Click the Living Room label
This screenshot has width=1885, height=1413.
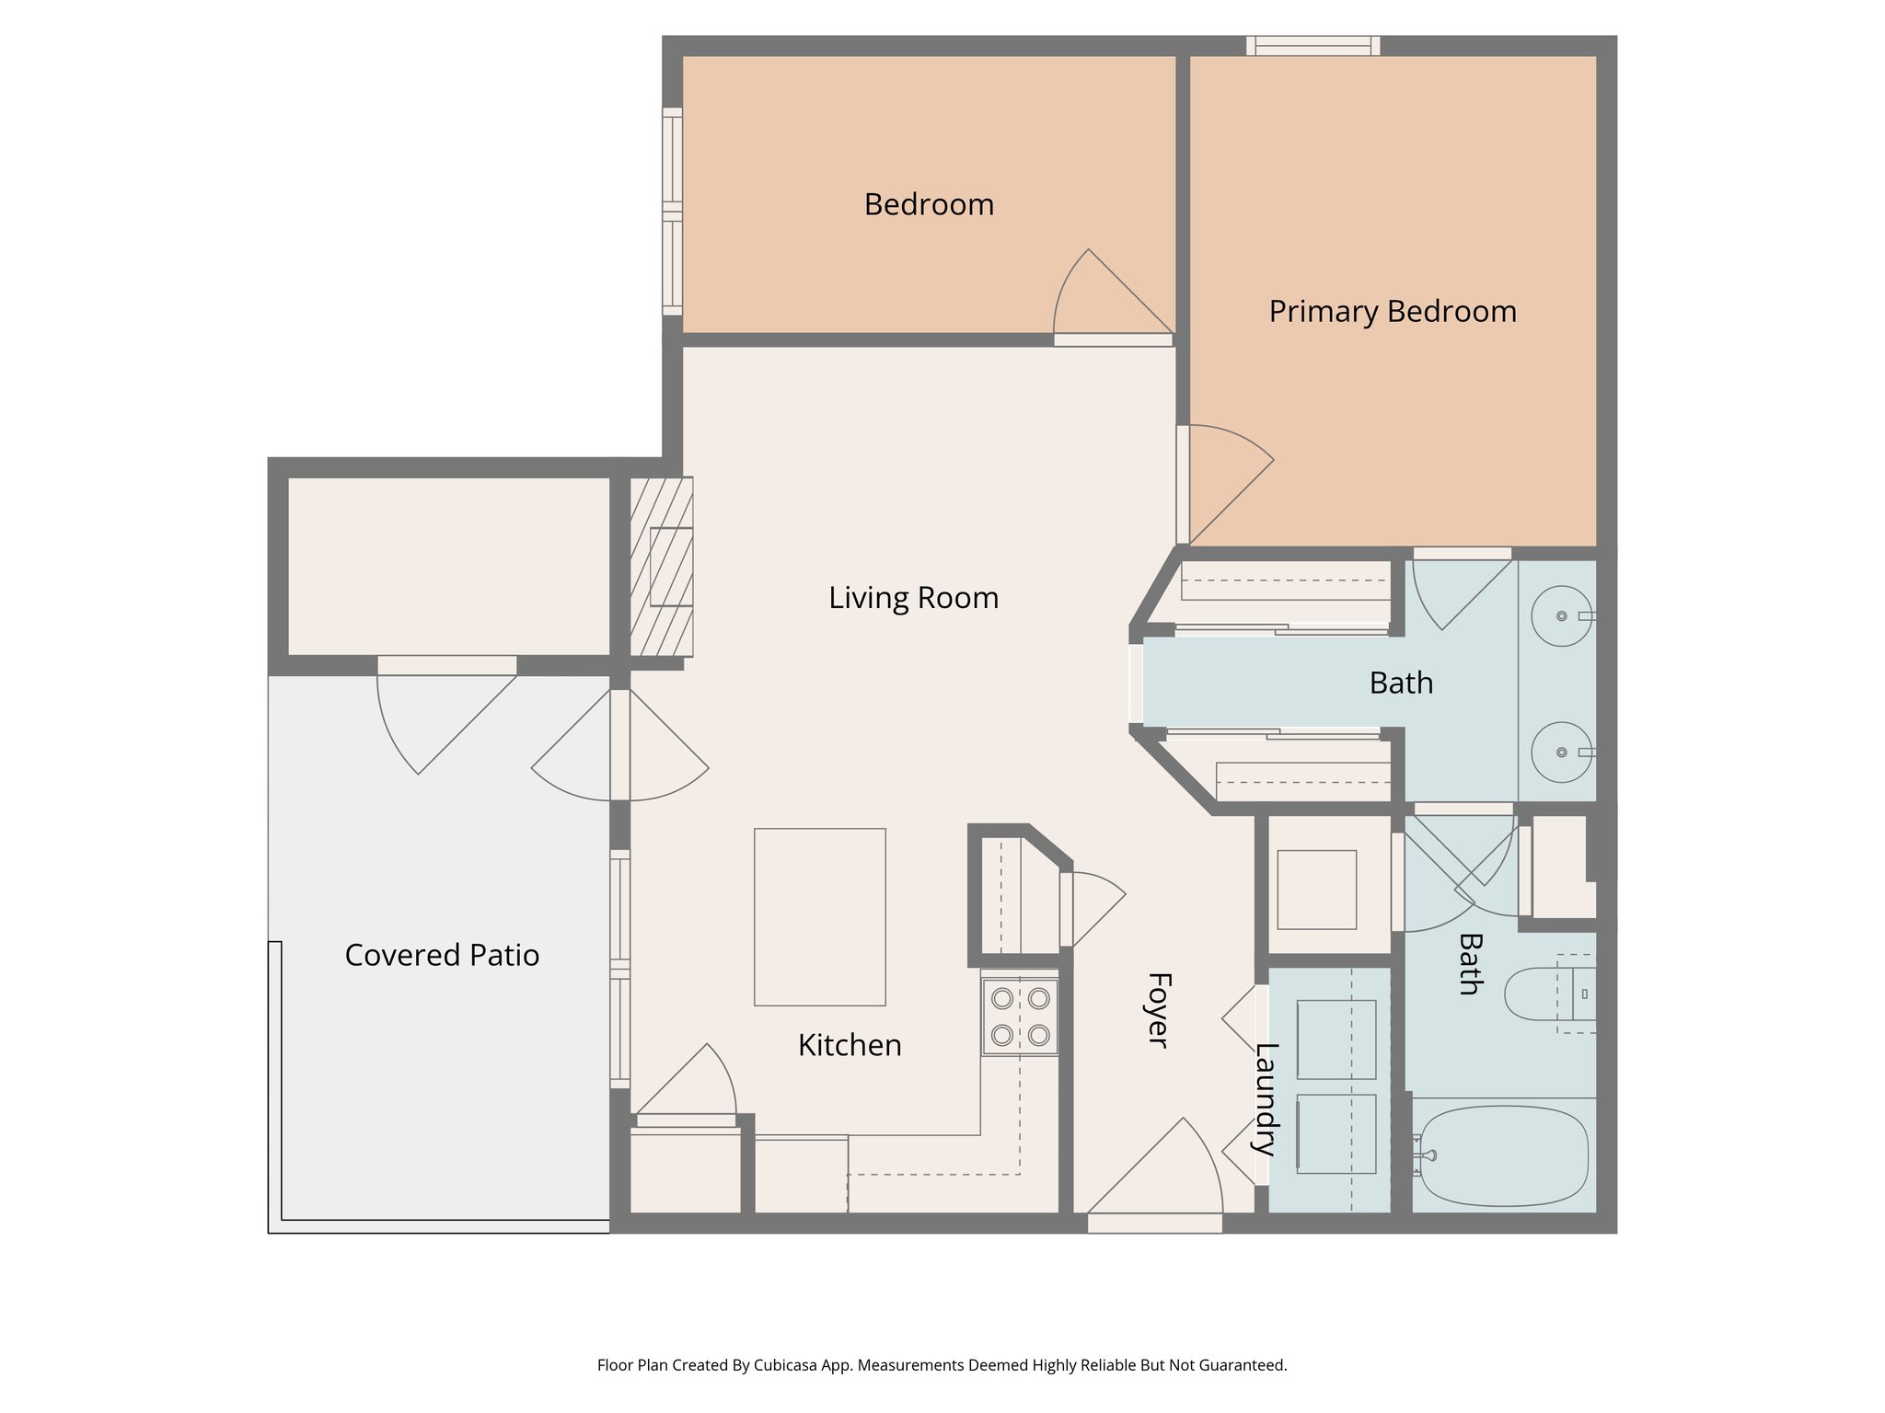[913, 598]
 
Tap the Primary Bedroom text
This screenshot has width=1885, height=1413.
[1392, 311]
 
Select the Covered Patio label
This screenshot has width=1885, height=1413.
[442, 955]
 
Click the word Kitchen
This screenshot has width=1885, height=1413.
[849, 1045]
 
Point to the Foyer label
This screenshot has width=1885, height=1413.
[1158, 1009]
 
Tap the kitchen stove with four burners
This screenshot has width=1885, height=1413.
[1020, 1017]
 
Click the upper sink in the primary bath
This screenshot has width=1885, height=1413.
[1561, 615]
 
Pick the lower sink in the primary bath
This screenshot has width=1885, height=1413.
[1561, 752]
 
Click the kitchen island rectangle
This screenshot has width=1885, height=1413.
[819, 916]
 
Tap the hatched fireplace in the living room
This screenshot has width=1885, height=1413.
[661, 566]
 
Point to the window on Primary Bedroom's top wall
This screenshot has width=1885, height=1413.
[1313, 45]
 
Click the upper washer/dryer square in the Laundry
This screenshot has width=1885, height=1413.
[1336, 1039]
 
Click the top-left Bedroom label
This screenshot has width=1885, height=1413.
[929, 204]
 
